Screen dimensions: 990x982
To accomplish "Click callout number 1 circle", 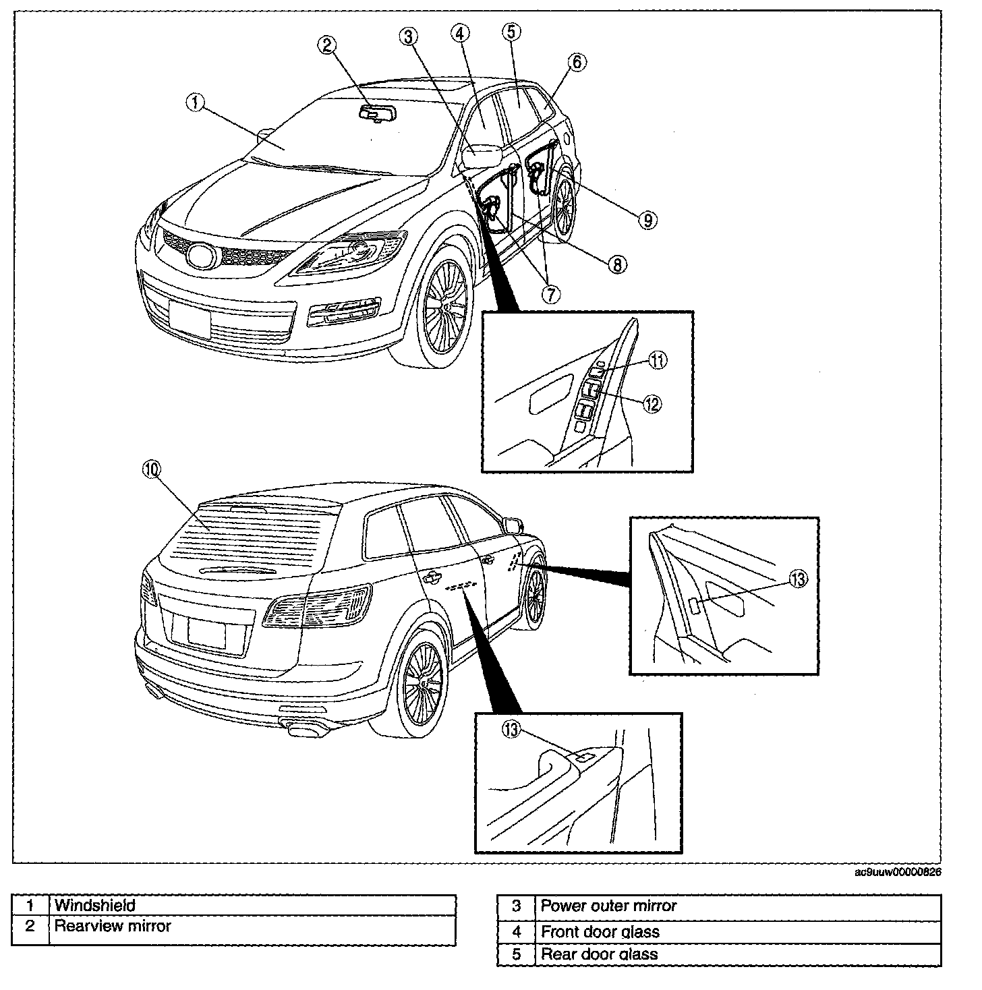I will click(x=194, y=103).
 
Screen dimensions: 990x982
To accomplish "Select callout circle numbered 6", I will click(x=577, y=63).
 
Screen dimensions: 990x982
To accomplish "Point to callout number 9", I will click(x=646, y=219).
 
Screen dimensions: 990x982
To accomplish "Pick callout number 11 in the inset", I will click(x=658, y=361).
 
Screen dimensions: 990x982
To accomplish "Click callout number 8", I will click(x=617, y=264).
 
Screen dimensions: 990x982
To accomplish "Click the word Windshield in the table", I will click(x=95, y=905).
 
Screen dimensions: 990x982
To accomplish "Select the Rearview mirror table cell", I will click(x=113, y=926).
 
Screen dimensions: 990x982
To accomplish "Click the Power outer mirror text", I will click(x=608, y=906).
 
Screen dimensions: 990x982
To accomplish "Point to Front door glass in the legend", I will click(x=600, y=932).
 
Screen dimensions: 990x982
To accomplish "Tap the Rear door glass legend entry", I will click(x=599, y=954).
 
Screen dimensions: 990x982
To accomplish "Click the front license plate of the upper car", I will click(x=190, y=314).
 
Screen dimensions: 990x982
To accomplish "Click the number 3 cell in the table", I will click(x=516, y=906).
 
